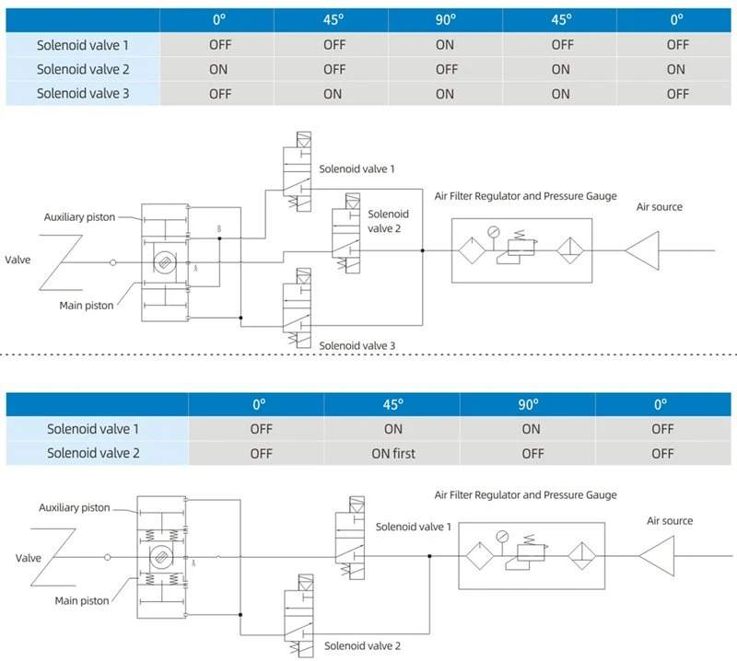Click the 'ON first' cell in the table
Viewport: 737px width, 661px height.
tap(393, 453)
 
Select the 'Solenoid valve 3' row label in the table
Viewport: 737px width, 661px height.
tap(83, 94)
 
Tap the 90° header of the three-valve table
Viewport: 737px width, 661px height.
tap(445, 19)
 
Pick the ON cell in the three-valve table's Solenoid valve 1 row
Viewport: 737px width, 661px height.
tap(445, 44)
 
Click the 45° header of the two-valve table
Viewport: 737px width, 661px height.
tap(393, 404)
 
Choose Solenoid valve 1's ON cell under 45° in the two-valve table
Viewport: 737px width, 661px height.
tap(393, 429)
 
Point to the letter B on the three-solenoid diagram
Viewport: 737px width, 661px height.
tap(219, 229)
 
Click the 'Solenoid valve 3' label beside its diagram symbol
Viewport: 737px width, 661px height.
tap(357, 346)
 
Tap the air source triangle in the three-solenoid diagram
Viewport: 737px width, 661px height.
tap(642, 250)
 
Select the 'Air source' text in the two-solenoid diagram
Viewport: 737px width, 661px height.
tap(670, 520)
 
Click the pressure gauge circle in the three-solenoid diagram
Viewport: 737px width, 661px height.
tap(494, 232)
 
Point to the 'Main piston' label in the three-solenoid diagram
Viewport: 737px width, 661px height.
tap(87, 306)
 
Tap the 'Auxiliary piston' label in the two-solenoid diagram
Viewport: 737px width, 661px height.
tap(75, 507)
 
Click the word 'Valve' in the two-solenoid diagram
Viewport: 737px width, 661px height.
tap(29, 558)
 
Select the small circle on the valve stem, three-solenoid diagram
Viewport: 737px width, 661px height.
tap(112, 262)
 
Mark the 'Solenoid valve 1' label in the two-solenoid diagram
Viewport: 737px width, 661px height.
tap(413, 527)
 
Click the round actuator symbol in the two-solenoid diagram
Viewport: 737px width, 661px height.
tap(161, 557)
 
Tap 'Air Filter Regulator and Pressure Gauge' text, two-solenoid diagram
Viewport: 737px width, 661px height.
tap(525, 494)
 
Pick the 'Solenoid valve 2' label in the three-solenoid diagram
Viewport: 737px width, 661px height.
tap(388, 221)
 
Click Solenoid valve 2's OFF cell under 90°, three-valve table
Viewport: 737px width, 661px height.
tap(446, 70)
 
